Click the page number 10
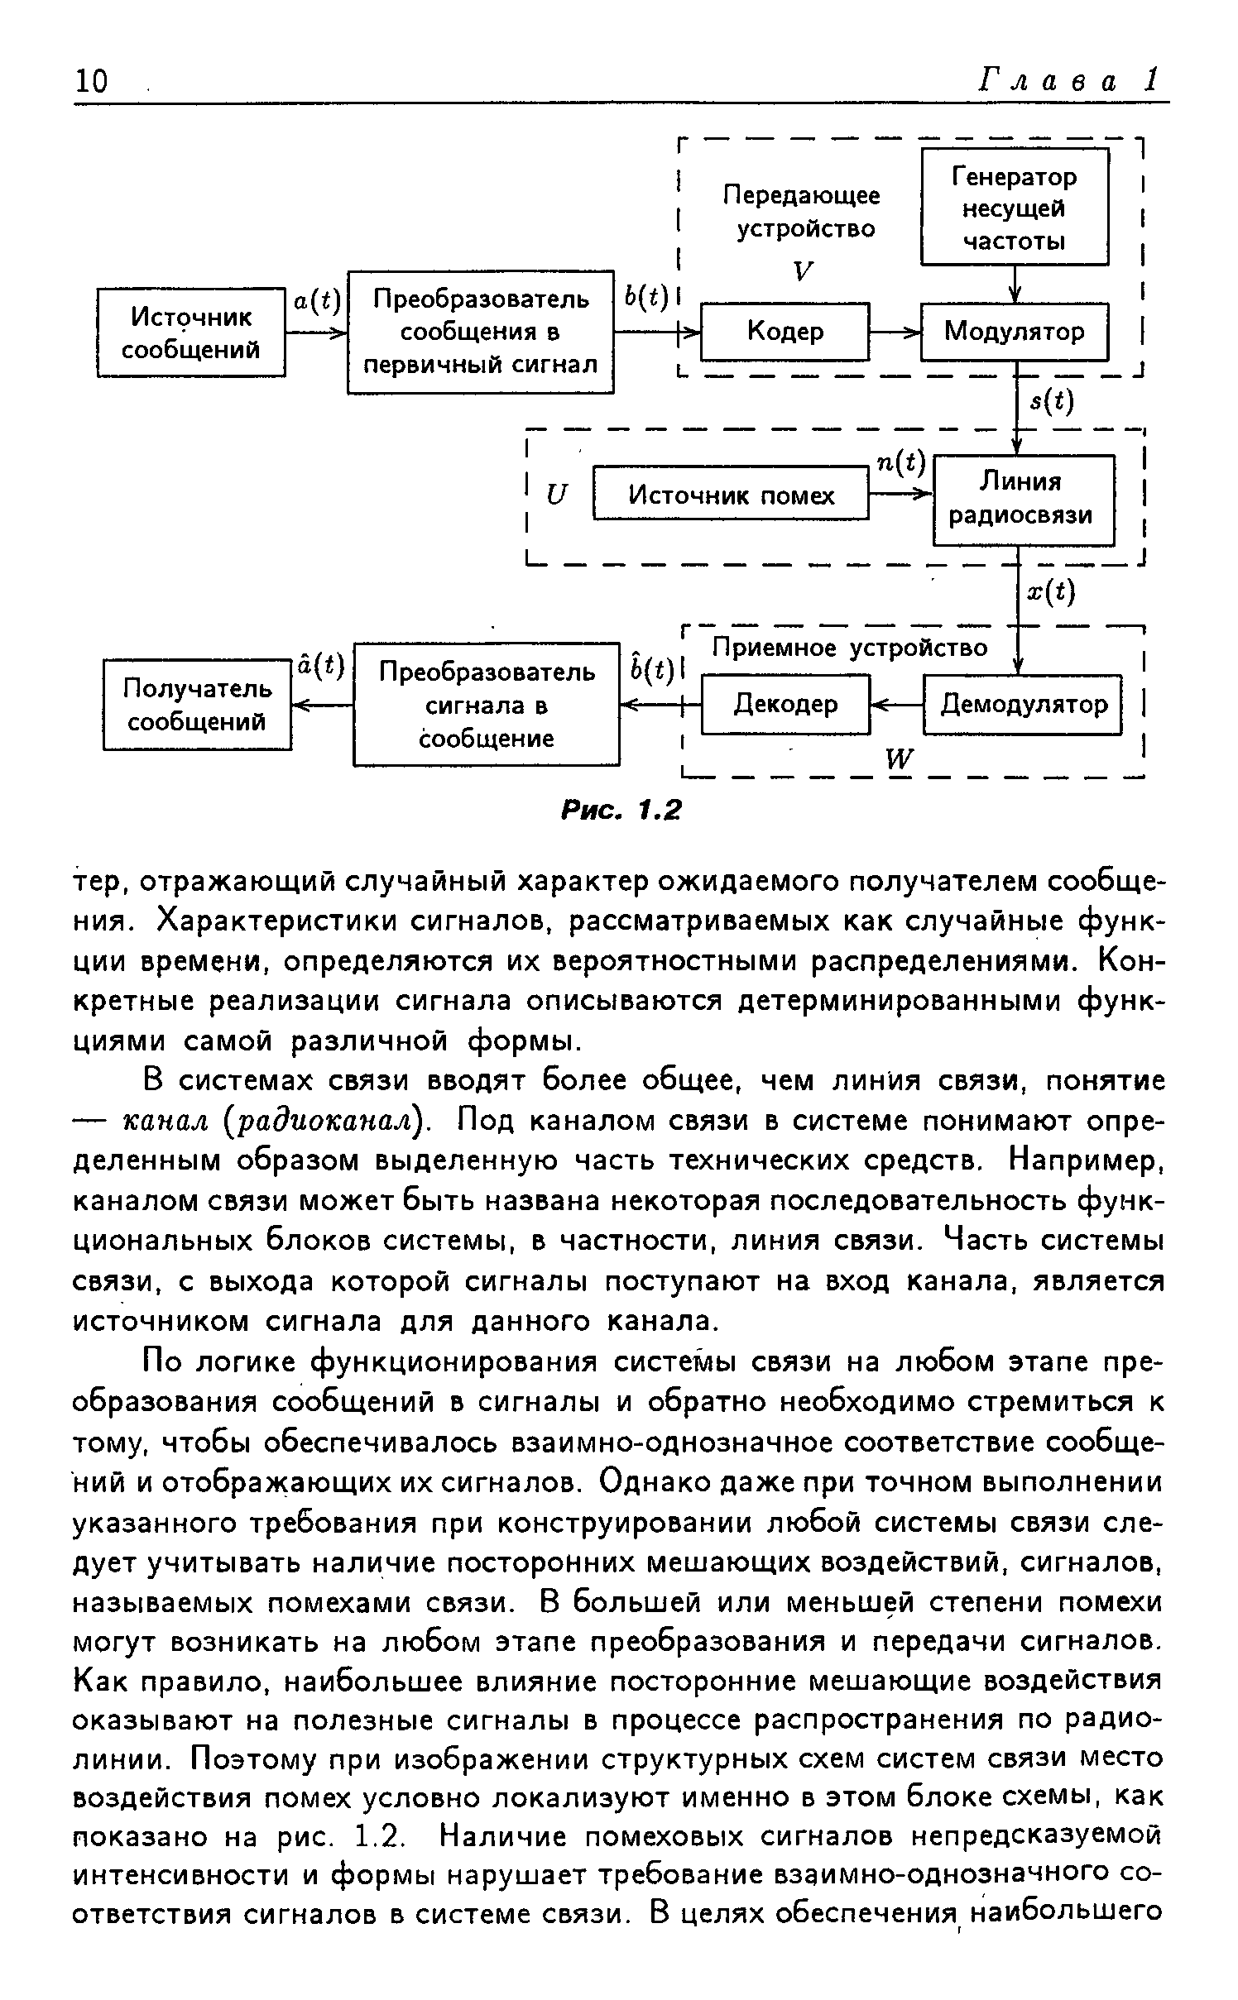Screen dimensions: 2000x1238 click(91, 81)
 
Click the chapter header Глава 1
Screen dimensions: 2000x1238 click(1068, 79)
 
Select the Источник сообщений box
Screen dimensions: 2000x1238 click(191, 333)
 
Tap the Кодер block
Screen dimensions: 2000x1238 click(785, 332)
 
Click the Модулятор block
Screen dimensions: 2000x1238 click(1014, 332)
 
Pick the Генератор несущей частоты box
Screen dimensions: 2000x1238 click(1015, 208)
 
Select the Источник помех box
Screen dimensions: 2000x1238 click(732, 495)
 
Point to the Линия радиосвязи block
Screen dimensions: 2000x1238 click(1023, 499)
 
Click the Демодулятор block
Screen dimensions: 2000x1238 click(1023, 704)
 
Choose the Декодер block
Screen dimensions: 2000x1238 click(785, 704)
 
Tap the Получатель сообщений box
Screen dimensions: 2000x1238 click(198, 705)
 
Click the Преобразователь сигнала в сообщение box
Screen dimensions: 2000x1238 click(487, 705)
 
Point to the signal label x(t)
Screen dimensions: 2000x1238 click(1051, 591)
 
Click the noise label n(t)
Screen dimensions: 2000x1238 click(901, 464)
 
